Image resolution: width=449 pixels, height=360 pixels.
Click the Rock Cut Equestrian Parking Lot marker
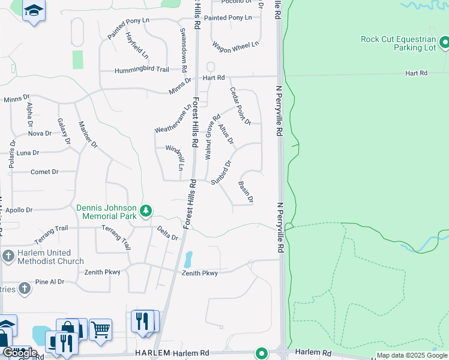coord(444,43)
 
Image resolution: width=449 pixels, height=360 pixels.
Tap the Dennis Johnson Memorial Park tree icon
coord(145,211)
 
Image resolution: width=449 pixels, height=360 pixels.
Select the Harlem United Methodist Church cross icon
coord(8,256)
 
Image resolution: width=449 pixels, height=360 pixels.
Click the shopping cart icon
coord(100,329)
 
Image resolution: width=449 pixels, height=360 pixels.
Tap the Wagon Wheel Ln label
coord(235,44)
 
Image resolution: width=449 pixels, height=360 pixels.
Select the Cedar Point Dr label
coord(240,106)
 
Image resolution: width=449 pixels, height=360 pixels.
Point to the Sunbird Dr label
coord(221,173)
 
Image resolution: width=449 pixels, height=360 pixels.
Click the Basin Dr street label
coord(246,191)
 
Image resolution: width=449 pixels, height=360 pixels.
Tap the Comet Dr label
coord(44,172)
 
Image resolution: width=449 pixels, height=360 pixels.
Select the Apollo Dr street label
coord(19,211)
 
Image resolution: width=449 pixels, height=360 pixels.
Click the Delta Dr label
coord(168,233)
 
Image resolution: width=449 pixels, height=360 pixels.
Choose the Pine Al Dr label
coord(50,281)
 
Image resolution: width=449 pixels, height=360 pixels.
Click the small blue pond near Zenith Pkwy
coord(188,259)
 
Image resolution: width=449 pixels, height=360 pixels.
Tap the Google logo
coord(19,353)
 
